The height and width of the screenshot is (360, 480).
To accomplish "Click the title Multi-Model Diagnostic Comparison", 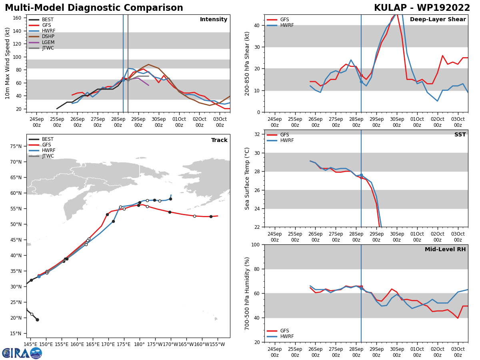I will [x=94, y=8].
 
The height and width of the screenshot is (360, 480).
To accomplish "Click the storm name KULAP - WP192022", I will [x=422, y=8].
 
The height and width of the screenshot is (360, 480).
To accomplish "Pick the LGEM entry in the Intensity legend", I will [x=48, y=42].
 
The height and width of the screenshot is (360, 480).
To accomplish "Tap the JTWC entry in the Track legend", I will [x=48, y=156].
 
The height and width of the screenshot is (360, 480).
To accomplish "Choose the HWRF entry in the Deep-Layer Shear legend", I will [x=287, y=26].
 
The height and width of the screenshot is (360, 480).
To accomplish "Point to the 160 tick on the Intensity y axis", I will [x=18, y=18].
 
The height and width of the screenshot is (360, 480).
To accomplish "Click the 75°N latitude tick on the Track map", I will [x=16, y=146].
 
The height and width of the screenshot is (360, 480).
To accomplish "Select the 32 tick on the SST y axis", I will [x=257, y=134].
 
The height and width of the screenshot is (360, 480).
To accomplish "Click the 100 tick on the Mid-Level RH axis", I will [x=255, y=244].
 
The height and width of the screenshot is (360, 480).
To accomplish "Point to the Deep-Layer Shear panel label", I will [x=438, y=20].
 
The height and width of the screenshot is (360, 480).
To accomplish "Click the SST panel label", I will [x=460, y=135].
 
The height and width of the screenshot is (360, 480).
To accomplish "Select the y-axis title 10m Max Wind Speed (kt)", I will [x=8, y=63].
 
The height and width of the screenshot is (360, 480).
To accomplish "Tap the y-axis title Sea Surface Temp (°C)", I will [x=247, y=178].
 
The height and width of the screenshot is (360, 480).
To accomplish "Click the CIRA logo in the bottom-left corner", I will [x=22, y=353].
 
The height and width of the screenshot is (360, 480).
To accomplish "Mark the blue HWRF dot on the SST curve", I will [x=361, y=175].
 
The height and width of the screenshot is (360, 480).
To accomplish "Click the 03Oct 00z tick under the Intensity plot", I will [x=220, y=122].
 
